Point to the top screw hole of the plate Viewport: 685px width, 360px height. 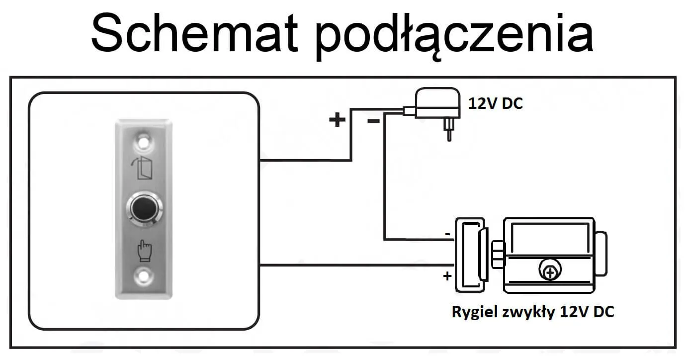(144, 140)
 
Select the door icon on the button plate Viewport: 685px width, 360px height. (144, 169)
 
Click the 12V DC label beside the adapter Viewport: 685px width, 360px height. (496, 103)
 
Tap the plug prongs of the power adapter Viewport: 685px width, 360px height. (448, 131)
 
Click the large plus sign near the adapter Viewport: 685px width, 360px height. (338, 119)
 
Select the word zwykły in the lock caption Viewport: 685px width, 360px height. (528, 312)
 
